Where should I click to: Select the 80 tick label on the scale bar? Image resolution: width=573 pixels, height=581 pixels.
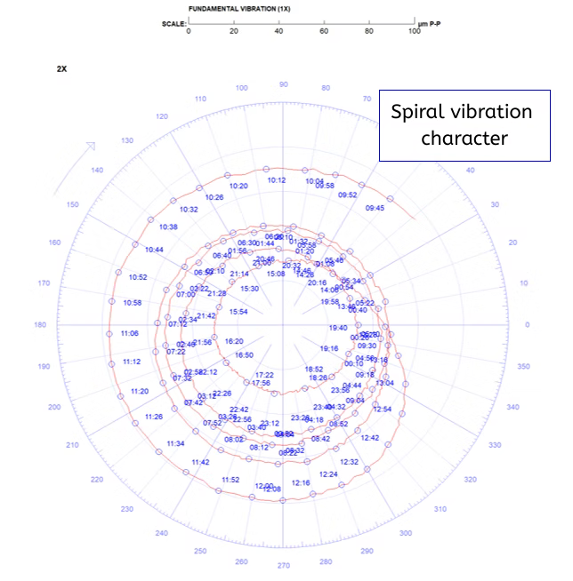(369, 31)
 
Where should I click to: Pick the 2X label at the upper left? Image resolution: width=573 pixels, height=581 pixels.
(61, 68)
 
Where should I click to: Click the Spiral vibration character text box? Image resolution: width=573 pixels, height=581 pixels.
(462, 124)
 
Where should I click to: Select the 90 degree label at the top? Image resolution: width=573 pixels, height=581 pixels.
(284, 84)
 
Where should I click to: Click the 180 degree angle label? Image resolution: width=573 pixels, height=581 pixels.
(40, 325)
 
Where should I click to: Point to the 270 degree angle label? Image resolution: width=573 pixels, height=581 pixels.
(284, 565)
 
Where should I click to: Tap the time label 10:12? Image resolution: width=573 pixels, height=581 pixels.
(277, 180)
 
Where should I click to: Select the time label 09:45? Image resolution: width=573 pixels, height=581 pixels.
(375, 208)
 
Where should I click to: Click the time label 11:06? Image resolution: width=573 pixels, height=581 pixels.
(129, 333)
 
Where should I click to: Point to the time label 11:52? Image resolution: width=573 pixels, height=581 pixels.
(230, 480)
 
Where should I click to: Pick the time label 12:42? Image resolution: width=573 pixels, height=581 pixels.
(370, 438)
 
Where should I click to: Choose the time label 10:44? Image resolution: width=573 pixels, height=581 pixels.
(155, 251)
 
